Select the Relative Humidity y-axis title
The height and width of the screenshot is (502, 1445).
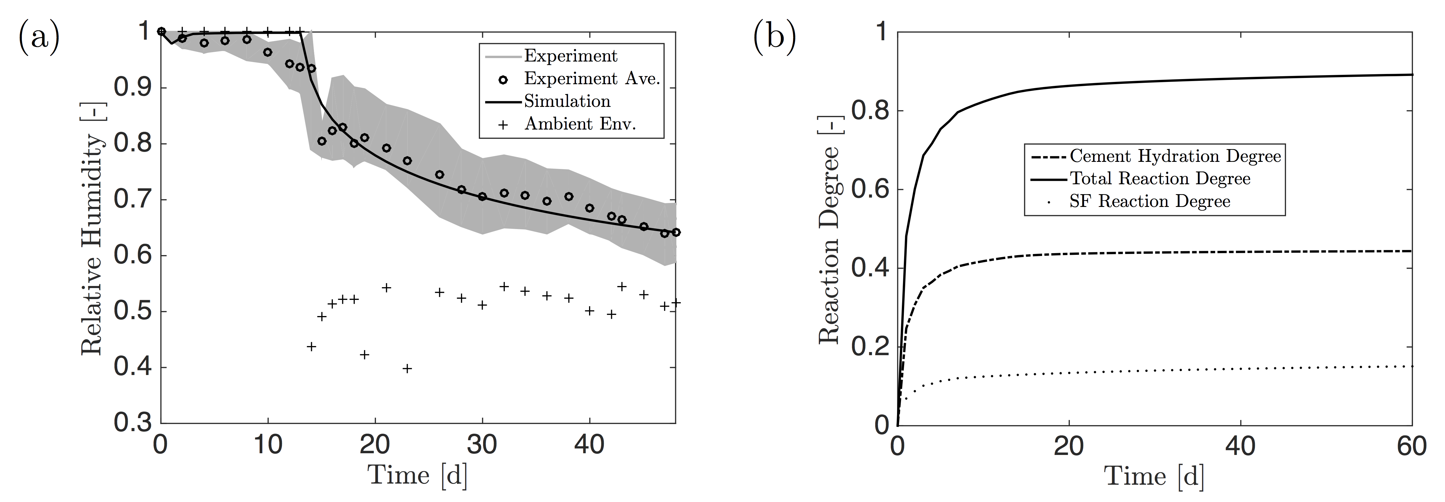(x=92, y=245)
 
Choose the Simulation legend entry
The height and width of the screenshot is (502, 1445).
(x=567, y=101)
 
